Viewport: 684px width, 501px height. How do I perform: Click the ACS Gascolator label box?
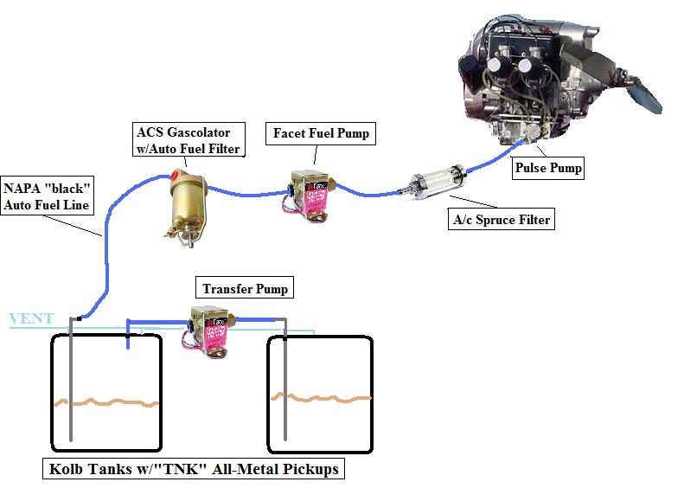(188, 139)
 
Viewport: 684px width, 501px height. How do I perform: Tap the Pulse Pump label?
(547, 168)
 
